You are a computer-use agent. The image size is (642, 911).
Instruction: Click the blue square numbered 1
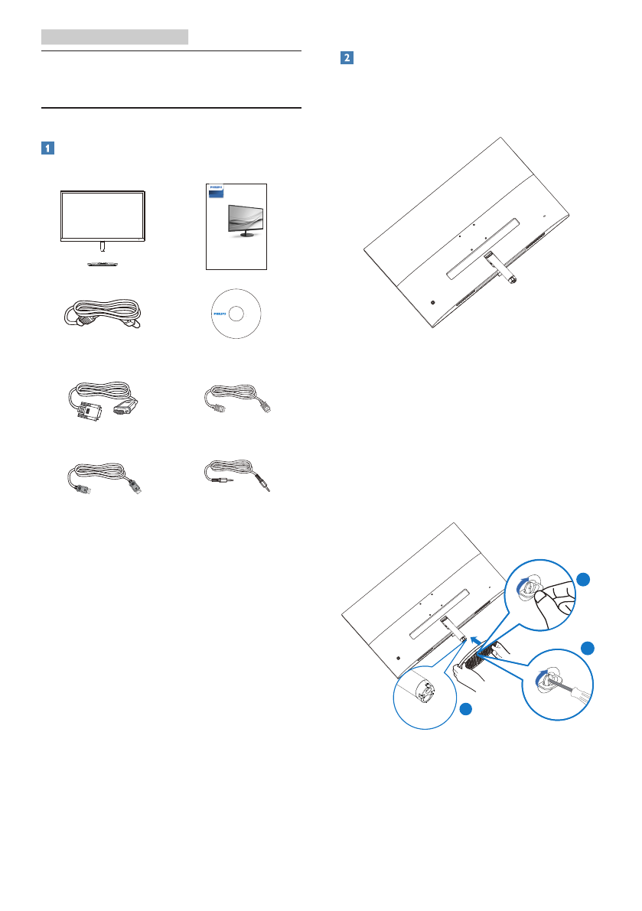(47, 148)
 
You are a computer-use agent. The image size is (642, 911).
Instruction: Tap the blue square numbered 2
(346, 58)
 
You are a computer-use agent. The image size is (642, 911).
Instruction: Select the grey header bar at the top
(115, 36)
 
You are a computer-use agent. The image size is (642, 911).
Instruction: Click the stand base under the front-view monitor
(102, 262)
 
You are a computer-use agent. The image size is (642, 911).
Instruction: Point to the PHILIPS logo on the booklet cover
(218, 186)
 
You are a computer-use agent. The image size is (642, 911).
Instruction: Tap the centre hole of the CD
(234, 313)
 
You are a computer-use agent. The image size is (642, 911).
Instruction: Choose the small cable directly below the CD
(237, 402)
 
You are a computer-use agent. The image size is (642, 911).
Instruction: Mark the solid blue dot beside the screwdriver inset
(587, 649)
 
